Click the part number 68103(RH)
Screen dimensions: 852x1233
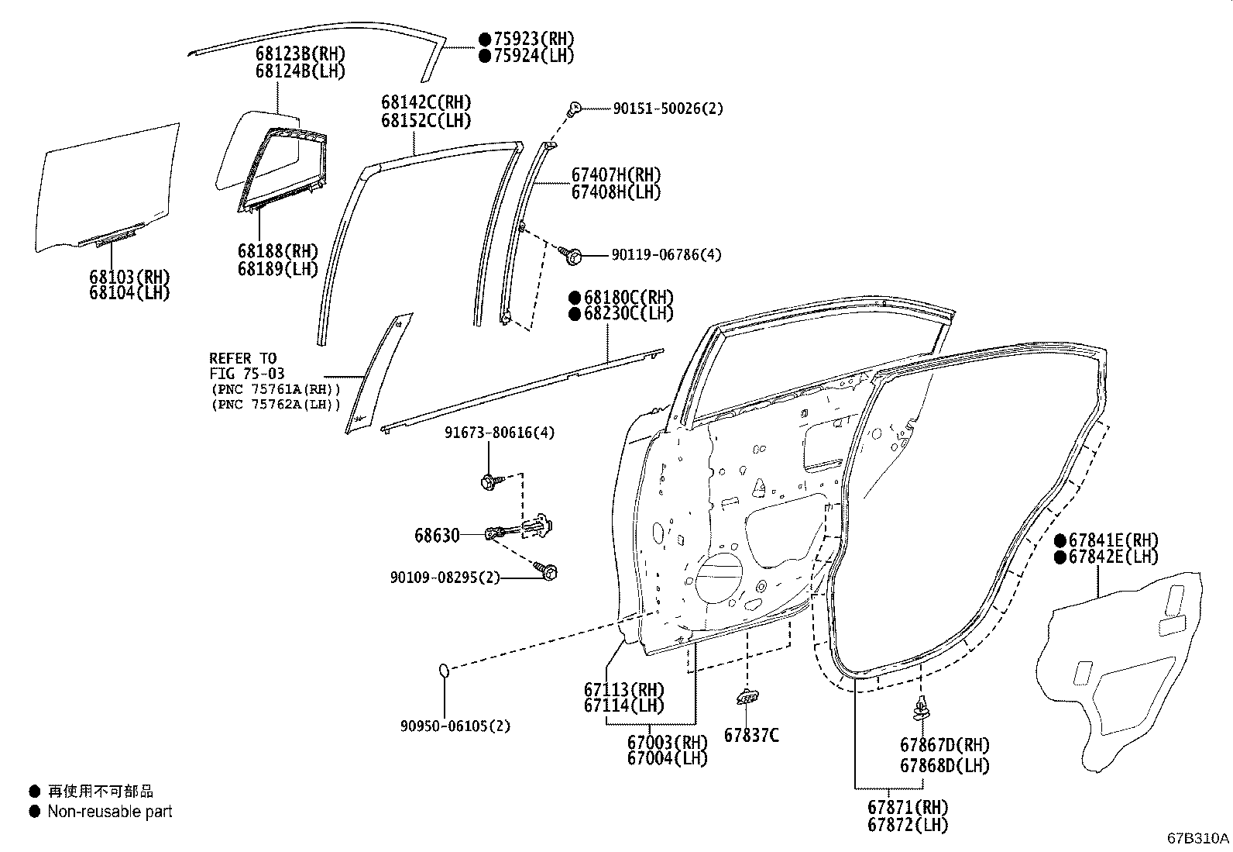pos(129,277)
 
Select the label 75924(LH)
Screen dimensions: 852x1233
pos(534,56)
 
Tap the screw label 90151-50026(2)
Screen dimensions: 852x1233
pos(668,109)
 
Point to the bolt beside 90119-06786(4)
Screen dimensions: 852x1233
pos(575,254)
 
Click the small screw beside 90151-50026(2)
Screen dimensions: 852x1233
pos(574,109)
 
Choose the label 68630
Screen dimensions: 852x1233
pos(437,535)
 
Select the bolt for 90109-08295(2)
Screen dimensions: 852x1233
pos(551,573)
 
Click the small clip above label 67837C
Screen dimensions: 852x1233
pos(747,698)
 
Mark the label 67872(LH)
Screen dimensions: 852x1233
pos(908,826)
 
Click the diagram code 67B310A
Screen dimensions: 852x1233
pos(1197,838)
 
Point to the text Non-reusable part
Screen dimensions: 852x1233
pos(110,812)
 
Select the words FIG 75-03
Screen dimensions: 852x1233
pos(246,374)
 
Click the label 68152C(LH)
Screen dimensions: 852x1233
pos(425,121)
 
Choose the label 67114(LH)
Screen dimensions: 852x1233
pos(623,705)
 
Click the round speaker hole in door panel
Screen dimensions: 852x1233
pos(719,577)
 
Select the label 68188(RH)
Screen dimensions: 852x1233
pos(278,251)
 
